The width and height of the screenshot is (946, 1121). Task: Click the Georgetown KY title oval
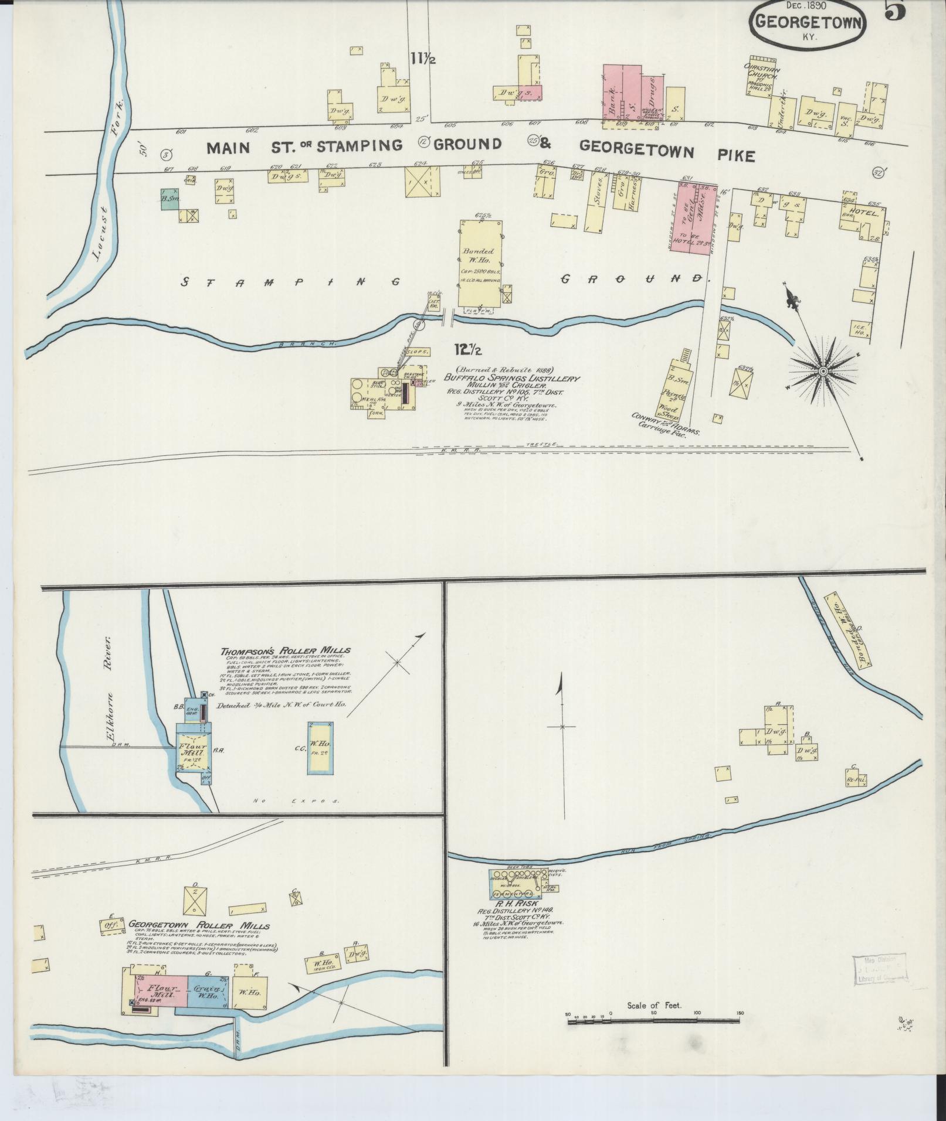point(809,24)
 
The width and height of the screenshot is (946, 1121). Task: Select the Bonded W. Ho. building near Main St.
point(480,263)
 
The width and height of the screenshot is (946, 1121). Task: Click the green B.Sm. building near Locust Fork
point(170,199)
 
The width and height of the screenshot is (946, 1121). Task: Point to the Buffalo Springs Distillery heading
point(511,379)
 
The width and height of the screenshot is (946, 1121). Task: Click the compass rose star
point(822,372)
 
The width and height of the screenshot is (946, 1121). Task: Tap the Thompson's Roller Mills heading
point(286,650)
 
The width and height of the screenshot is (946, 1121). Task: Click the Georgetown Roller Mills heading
point(199,926)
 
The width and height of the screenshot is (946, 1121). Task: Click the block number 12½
point(468,350)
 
